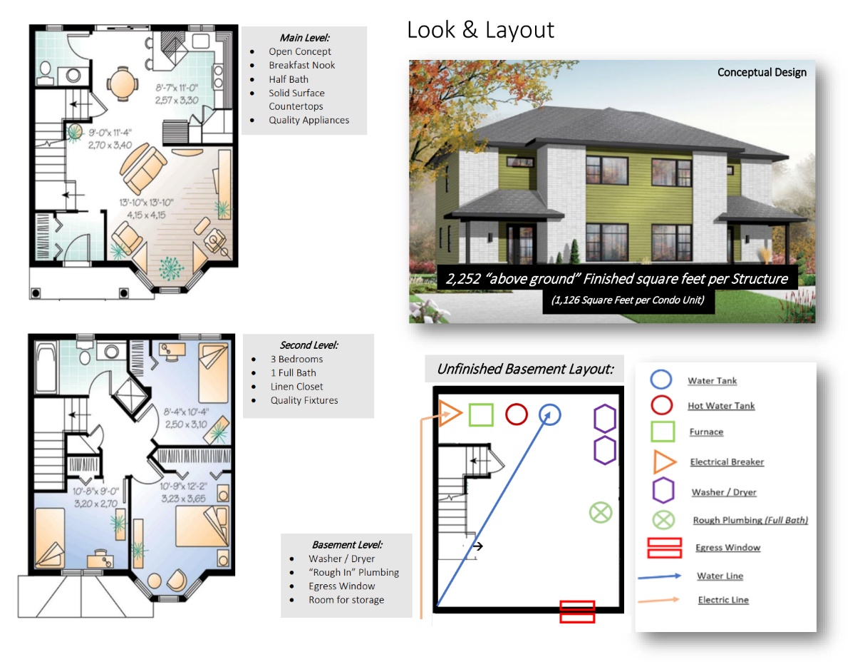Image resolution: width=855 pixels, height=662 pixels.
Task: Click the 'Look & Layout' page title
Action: point(480,30)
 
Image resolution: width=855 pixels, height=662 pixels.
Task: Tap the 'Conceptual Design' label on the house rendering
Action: point(762,73)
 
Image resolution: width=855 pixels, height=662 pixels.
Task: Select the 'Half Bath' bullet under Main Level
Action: point(289,79)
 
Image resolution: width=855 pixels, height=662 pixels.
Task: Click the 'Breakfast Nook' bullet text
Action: point(302,65)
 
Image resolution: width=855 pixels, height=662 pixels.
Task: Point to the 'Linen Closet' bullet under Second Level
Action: point(296,387)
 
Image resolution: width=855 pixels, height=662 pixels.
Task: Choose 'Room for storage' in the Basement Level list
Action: point(346,599)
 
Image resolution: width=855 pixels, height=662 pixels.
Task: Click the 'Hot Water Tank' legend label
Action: point(721,406)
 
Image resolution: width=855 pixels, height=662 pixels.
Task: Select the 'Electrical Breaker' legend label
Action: point(727,462)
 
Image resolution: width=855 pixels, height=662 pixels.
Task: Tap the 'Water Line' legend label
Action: point(720,576)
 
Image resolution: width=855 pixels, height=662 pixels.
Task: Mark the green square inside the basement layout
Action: point(481,414)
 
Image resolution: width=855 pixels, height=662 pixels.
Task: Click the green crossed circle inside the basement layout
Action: point(601,512)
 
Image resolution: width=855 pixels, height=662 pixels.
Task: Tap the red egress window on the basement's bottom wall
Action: point(577,611)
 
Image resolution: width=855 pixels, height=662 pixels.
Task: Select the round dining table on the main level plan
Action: point(123,84)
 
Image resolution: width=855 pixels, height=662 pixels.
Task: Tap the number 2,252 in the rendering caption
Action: point(462,278)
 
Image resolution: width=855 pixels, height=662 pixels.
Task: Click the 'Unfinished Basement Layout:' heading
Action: point(525,369)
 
